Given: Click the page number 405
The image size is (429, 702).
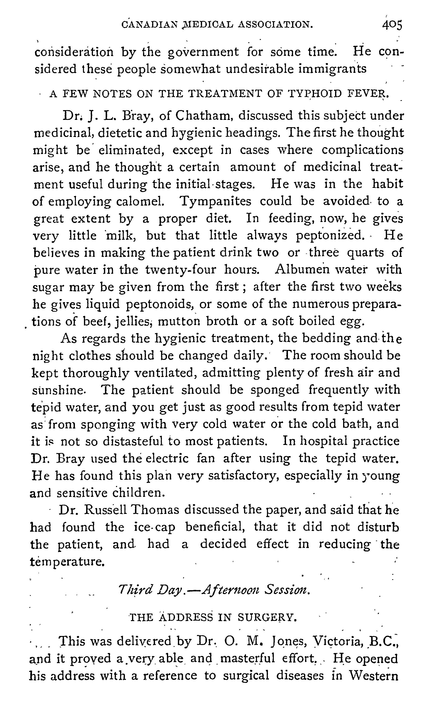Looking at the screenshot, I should click(x=392, y=25).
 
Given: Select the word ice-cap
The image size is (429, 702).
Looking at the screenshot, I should click(x=154, y=527).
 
